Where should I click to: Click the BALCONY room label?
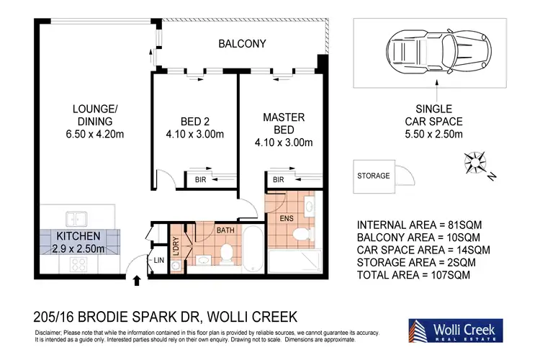tap(242, 44)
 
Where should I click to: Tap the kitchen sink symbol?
tap(76, 220)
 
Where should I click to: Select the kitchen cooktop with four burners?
tap(78, 264)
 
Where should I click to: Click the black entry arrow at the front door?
tap(137, 280)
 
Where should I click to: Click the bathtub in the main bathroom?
tap(253, 249)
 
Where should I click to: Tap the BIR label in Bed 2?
tap(200, 179)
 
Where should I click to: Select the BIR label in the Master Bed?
tap(278, 179)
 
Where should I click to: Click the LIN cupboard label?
tap(159, 261)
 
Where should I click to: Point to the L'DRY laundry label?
tap(176, 246)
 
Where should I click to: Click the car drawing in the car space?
tap(438, 52)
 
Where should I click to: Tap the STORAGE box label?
tap(373, 176)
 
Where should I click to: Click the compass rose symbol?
tap(476, 162)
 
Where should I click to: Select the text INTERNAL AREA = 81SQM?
tap(419, 225)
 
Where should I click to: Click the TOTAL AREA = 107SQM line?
tap(413, 275)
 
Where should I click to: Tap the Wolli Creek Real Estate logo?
tap(456, 330)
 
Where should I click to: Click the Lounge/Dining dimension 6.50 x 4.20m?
tap(95, 134)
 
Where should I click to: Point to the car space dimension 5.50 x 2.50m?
tap(433, 134)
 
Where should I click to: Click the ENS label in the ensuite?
tap(287, 218)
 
